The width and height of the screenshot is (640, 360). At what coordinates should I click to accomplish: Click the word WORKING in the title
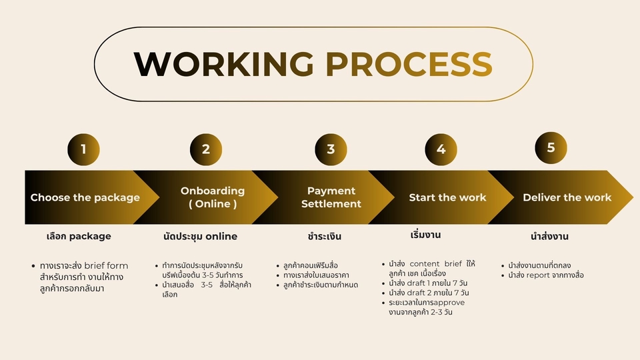click(x=224, y=64)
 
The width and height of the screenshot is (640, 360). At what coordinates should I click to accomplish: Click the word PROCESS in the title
click(x=409, y=64)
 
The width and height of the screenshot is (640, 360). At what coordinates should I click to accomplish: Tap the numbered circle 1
click(x=84, y=149)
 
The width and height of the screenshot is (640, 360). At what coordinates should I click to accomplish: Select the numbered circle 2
click(x=206, y=149)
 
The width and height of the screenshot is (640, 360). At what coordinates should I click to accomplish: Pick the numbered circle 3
click(x=331, y=149)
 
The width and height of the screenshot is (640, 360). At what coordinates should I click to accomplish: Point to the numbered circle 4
click(x=441, y=149)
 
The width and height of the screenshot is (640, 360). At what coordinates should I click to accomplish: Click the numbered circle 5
click(x=551, y=148)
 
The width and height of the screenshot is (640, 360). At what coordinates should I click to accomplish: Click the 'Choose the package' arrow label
click(x=85, y=197)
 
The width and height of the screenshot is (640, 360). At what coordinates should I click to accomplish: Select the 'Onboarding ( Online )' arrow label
click(x=213, y=197)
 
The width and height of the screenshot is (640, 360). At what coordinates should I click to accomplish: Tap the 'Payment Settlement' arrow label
click(x=331, y=197)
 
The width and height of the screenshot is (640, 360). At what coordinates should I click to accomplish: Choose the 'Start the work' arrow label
click(x=447, y=197)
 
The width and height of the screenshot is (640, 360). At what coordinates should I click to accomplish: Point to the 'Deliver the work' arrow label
click(x=567, y=197)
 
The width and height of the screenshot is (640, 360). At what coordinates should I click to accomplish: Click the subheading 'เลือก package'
click(x=79, y=236)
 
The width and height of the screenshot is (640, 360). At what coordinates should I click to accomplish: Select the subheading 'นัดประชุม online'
click(x=200, y=236)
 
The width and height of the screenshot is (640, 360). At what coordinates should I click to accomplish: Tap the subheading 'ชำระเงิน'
click(x=325, y=236)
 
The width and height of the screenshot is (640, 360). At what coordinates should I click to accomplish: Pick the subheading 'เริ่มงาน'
click(x=425, y=235)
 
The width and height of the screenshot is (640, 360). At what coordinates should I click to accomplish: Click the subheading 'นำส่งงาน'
click(x=549, y=236)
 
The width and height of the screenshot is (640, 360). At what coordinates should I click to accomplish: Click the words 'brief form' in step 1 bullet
click(x=106, y=266)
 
